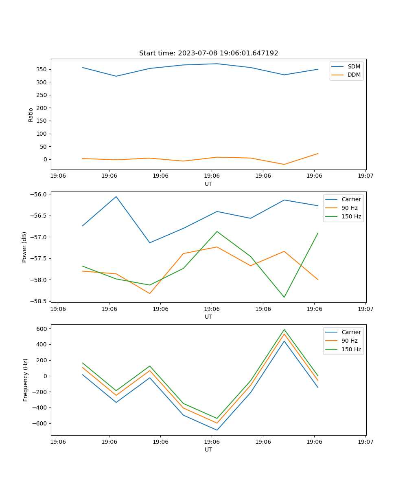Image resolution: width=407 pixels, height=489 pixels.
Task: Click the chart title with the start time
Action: coord(208,53)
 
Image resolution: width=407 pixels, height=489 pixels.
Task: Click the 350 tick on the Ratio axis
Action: coord(42,69)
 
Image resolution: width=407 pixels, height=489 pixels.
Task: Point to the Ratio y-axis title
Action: coord(31,115)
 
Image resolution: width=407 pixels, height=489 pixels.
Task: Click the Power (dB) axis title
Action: coord(24,247)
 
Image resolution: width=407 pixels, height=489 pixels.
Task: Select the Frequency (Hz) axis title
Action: coord(26,380)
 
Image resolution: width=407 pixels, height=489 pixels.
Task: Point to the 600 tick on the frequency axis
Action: coord(43,328)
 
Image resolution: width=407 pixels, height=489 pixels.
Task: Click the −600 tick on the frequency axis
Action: coord(41,423)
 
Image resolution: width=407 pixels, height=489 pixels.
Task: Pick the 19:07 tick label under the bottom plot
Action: coord(365,441)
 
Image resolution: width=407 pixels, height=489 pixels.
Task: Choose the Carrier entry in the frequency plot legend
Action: coord(351,332)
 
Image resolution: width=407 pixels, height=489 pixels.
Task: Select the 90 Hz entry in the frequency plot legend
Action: coord(350,341)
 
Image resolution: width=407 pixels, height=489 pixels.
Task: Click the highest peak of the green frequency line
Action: coord(284,330)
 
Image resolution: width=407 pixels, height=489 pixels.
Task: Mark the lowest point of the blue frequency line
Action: coord(217,430)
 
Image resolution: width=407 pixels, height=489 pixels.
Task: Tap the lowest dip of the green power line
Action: coord(284,297)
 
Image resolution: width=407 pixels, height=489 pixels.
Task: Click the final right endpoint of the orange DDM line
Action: coord(318,154)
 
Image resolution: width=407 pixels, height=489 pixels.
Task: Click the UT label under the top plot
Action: coord(208,184)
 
